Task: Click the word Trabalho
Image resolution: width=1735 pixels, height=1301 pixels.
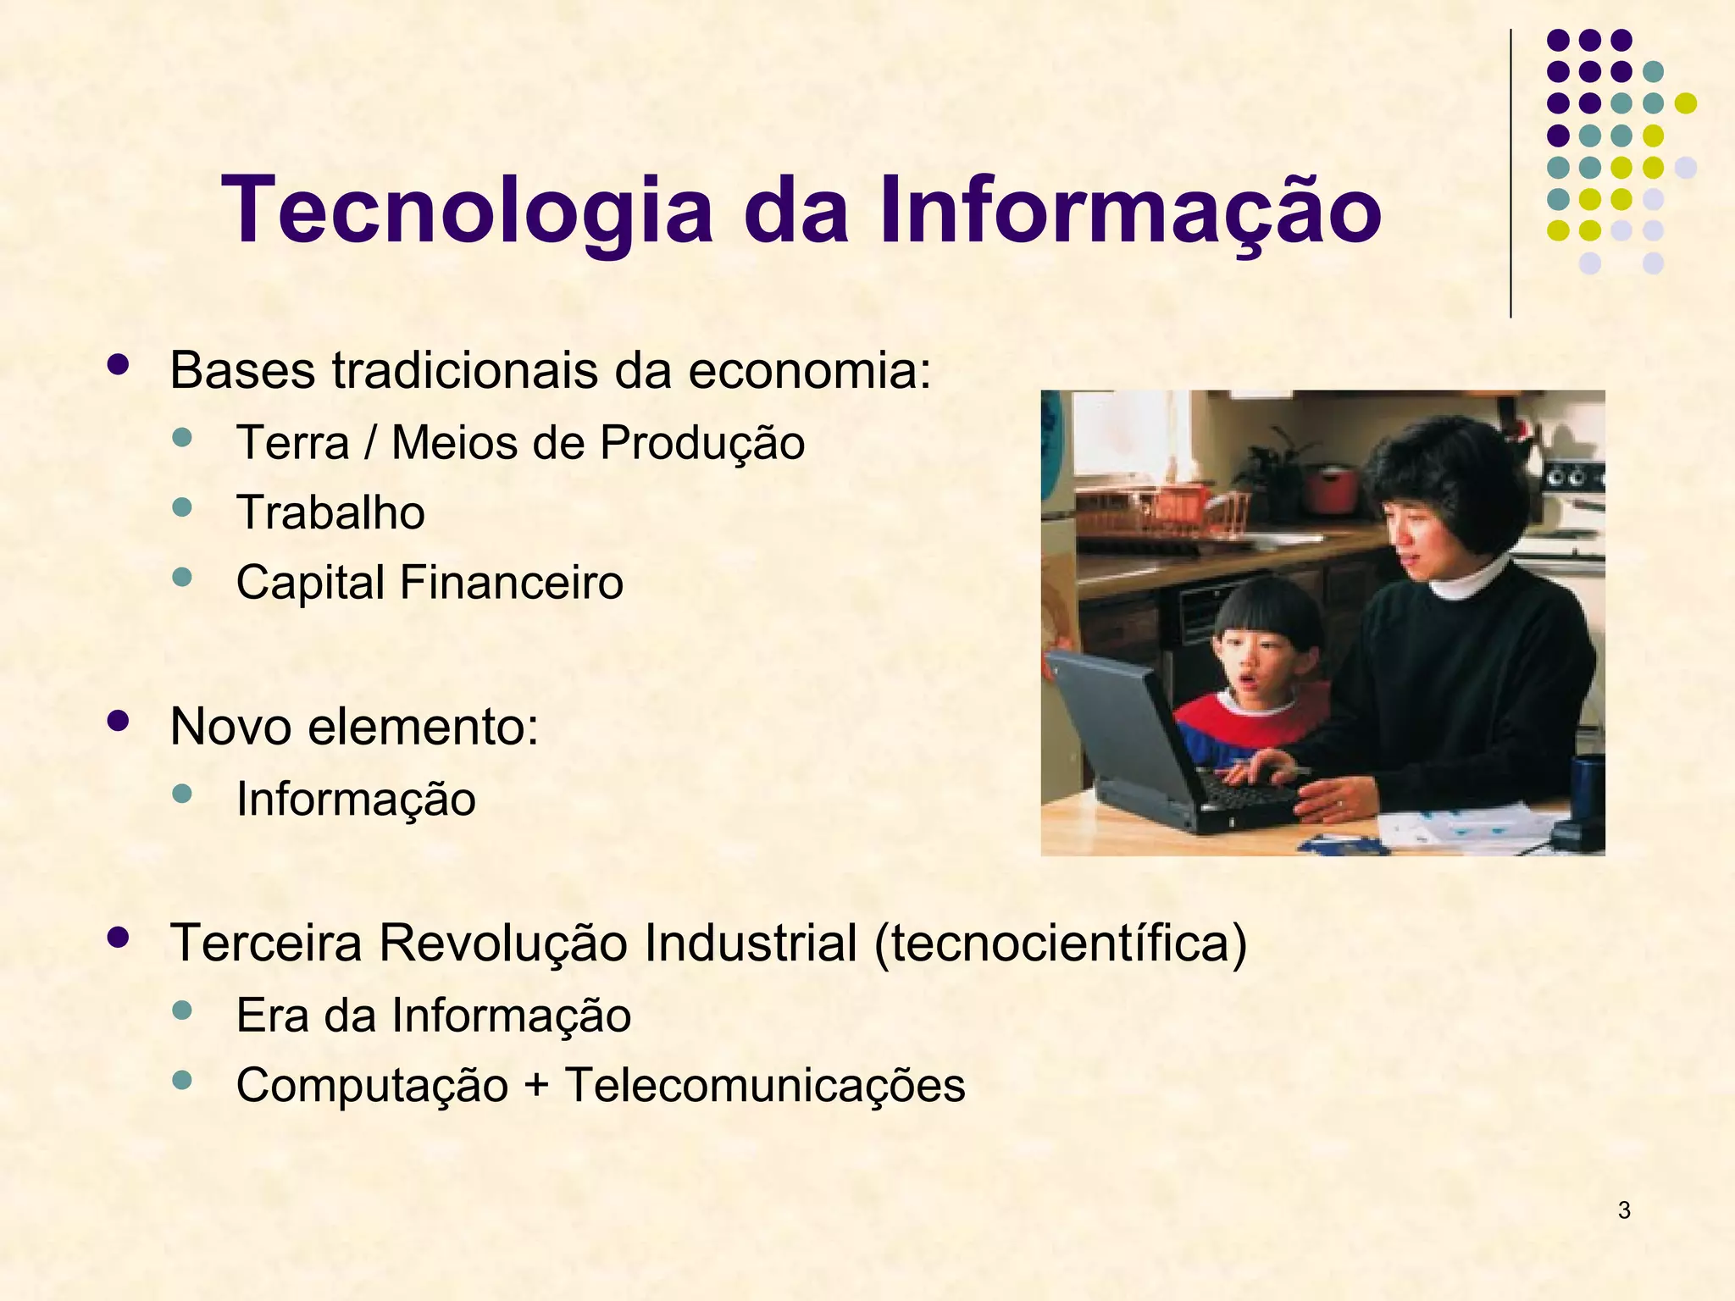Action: (330, 512)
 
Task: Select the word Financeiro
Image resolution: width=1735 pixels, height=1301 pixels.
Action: (511, 582)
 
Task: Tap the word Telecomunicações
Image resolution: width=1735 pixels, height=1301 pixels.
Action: (765, 1085)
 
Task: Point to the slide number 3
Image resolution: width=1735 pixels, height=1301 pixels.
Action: (1624, 1210)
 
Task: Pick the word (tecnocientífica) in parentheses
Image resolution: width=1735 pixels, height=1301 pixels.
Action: (1061, 943)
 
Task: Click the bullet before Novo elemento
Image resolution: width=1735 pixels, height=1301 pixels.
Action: (118, 721)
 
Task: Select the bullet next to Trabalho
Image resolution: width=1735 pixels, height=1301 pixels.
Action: (182, 507)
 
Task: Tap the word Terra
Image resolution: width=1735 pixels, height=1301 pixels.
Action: (292, 443)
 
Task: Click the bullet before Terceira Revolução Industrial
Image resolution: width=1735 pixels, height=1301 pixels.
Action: (118, 938)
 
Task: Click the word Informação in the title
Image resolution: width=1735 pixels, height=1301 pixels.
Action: (1131, 210)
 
